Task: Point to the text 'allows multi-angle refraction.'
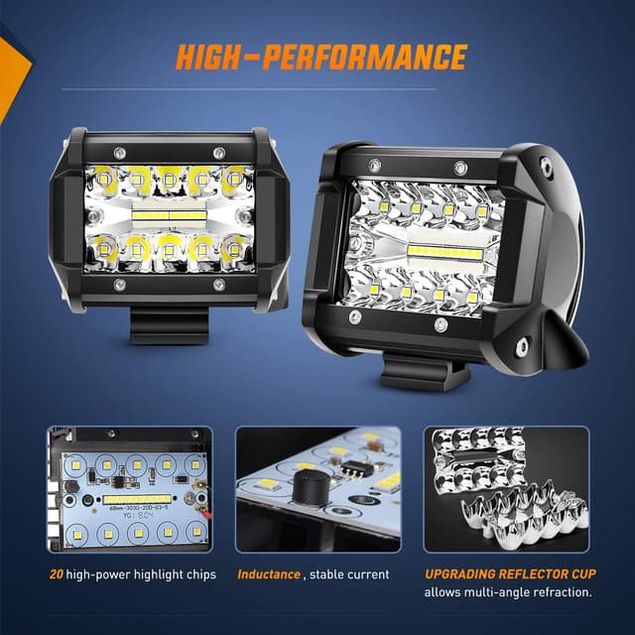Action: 508,592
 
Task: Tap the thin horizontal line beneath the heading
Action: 317,90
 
